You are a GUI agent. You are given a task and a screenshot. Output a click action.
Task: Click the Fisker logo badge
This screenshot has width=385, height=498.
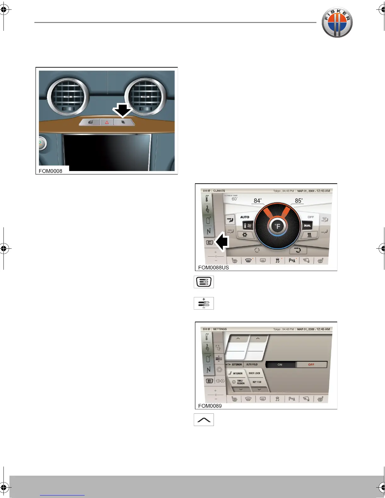coord(337,22)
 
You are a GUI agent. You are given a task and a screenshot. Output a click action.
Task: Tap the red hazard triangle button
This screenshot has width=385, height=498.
coord(107,122)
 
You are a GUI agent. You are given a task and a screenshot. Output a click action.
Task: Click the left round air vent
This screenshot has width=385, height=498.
coord(67,96)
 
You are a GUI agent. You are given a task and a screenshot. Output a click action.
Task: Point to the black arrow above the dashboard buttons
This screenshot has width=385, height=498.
coord(123,111)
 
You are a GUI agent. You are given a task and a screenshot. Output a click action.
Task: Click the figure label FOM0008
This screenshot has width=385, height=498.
coord(50,171)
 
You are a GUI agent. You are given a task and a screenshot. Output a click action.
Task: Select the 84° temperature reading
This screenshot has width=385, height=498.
coord(257,201)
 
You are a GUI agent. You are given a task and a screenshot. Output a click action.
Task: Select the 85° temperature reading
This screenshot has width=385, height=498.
coord(299,201)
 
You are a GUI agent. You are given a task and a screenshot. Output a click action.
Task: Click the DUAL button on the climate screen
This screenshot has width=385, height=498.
coord(307,225)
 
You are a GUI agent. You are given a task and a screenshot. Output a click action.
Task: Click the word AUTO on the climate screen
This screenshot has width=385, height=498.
coord(245,217)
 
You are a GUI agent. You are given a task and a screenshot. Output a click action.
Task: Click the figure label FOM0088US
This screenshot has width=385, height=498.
coord(213,268)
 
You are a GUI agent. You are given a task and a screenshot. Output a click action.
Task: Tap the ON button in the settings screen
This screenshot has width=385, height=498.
coord(280,365)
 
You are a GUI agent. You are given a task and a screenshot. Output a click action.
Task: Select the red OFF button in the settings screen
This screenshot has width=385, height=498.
coord(311,365)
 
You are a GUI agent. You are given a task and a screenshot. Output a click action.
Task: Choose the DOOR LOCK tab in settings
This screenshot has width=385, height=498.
coord(254,373)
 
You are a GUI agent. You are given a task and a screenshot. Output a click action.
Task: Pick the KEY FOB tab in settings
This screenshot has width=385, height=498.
coord(257,382)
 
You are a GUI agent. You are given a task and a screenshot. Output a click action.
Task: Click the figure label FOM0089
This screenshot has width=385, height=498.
coord(210,406)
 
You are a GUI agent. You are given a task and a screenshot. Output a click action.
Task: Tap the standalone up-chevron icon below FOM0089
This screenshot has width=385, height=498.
coord(204,420)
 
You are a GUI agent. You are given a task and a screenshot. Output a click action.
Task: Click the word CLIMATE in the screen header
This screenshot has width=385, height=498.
coord(219,191)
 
